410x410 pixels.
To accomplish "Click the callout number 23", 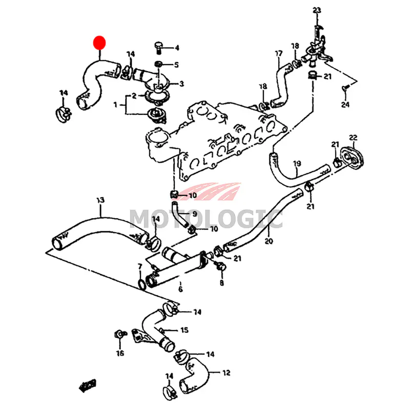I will (x=316, y=10).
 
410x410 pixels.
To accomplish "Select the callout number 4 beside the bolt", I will (x=177, y=48).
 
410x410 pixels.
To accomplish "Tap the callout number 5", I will (x=177, y=65).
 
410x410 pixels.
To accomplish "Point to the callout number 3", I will (x=181, y=83).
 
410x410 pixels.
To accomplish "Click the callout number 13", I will (x=100, y=199).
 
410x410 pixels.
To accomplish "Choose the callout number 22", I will (x=353, y=137).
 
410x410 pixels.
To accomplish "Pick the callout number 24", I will (x=344, y=105).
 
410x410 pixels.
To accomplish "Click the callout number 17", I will (x=279, y=53).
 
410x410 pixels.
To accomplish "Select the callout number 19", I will (x=296, y=164).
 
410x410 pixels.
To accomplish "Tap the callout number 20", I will (x=269, y=240).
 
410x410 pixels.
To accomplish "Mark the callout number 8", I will (x=222, y=282).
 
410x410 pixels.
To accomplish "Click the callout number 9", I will (x=195, y=213).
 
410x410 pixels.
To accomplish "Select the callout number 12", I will (x=226, y=373).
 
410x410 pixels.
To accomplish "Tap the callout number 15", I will (x=184, y=331).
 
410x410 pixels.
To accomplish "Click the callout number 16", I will (x=120, y=353).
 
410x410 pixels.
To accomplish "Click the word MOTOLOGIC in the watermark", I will (x=205, y=219).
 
